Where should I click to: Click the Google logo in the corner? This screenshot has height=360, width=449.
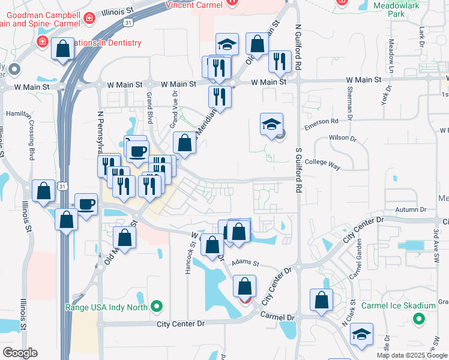pos(20,353)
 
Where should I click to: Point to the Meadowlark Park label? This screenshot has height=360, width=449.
pos(403,8)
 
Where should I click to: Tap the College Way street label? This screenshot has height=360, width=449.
pos(323,162)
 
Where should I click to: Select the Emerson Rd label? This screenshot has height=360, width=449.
pos(321,121)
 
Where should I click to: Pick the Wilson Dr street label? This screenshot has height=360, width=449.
pos(343,137)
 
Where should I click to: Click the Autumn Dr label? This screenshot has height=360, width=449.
pos(411,209)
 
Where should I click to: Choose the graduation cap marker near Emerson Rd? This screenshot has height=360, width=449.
pos(271,124)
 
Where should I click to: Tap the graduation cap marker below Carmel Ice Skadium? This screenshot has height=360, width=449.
pos(361,334)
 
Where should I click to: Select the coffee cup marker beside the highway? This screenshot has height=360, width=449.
pos(86,204)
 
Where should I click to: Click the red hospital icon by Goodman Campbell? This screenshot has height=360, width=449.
pos(89,19)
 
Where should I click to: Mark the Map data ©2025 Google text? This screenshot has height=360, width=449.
pos(412,355)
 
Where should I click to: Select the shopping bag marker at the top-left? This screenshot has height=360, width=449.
pos(62,49)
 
